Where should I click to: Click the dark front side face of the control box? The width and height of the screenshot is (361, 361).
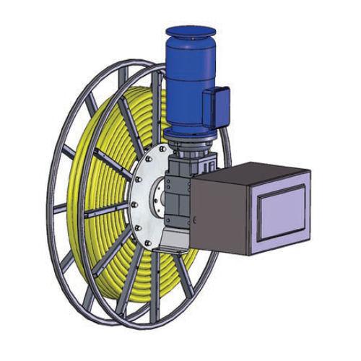point(224,217)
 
